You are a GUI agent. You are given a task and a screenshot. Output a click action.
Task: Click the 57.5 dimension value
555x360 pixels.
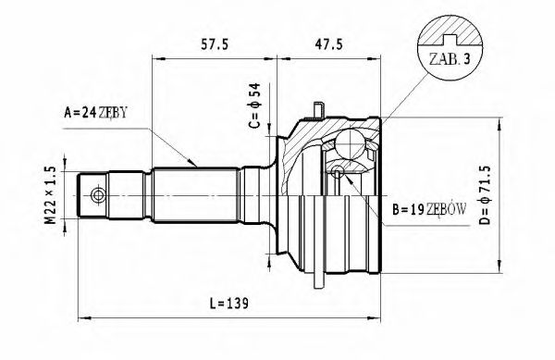pos(215,43)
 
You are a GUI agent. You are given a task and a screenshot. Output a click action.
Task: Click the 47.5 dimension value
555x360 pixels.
pos(330,43)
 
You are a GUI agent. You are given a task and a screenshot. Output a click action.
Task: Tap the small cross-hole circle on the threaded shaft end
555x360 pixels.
pos(96,195)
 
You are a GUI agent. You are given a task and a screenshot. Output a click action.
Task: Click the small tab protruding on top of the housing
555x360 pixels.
pos(318,112)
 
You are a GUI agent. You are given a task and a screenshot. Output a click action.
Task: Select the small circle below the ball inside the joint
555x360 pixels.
pos(339,170)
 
